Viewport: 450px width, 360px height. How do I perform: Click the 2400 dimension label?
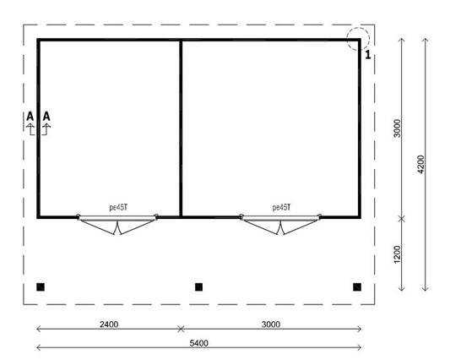109,323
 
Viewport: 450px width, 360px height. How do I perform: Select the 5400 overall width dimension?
198,342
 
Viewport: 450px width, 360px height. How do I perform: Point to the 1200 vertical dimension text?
397,254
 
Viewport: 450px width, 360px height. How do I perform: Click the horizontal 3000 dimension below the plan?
270,323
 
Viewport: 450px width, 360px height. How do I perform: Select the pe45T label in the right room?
281,206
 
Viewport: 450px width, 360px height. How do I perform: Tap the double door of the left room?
117,224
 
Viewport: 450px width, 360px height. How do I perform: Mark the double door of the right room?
281,224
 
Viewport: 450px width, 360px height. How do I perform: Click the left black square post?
41,287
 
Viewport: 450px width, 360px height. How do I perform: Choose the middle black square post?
198,287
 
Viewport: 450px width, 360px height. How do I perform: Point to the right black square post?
357,287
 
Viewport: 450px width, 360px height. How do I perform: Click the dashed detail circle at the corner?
357,38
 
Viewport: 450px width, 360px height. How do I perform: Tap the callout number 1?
368,56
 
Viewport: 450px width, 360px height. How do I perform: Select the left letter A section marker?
30,116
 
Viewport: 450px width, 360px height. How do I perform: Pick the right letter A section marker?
46,116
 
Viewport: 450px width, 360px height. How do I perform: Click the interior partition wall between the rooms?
181,127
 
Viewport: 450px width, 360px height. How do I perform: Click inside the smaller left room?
110,127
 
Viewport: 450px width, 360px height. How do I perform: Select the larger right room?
270,127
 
